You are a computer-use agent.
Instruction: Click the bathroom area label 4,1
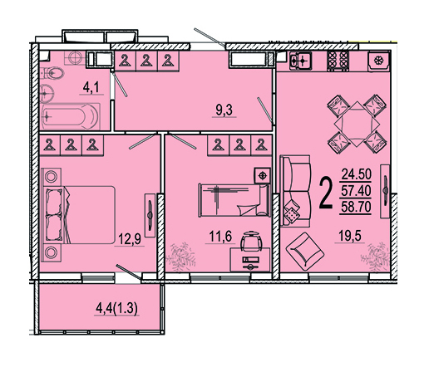coord(91,88)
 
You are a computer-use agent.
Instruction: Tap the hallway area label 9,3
coord(224,110)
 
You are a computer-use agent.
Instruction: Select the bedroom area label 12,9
coord(130,238)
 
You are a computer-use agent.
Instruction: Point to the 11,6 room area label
coord(220,237)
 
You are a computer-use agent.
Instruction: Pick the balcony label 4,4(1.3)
coord(116,308)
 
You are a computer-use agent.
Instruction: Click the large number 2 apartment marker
coord(326,193)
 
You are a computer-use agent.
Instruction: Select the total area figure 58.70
coord(356,207)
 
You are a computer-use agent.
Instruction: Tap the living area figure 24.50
coord(356,174)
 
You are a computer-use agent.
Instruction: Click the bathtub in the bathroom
coord(71,116)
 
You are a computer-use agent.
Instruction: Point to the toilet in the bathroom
coord(52,74)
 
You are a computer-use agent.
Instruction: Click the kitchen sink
coord(300,61)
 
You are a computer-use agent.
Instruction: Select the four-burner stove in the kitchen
coord(338,61)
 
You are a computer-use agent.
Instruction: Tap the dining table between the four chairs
coord(357,124)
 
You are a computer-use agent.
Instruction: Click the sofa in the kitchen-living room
coord(295,191)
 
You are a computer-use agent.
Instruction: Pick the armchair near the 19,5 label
coord(305,252)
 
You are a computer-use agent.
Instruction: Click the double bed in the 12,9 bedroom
coord(78,215)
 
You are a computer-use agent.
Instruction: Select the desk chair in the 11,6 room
coord(251,241)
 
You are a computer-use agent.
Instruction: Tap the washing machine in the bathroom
coord(75,58)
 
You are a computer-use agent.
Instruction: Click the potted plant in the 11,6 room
coord(180,257)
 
